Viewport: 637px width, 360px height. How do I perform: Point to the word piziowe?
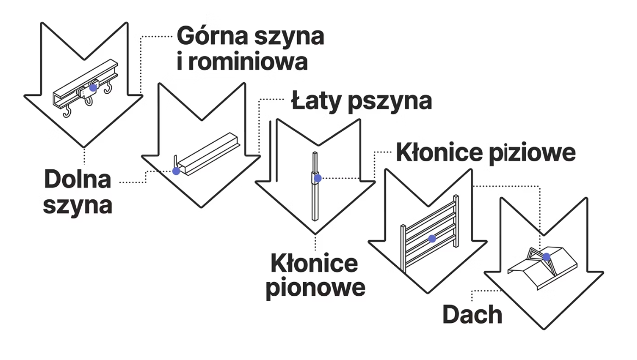coord(532,152)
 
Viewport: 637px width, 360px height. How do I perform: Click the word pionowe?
coord(315,288)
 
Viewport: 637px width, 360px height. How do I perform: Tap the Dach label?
coord(472,314)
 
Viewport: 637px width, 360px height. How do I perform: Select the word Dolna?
coord(77,180)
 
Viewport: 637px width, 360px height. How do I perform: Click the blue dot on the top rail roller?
coord(93,87)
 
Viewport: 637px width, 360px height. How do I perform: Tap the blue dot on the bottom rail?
coord(176,171)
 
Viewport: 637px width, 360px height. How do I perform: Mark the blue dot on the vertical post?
coord(318,178)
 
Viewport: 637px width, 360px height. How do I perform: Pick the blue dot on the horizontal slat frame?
coord(432,239)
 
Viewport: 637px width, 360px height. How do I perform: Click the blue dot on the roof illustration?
coord(547,257)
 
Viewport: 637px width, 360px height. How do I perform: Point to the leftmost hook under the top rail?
coord(67,113)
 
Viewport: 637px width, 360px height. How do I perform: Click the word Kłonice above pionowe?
coord(314,264)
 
